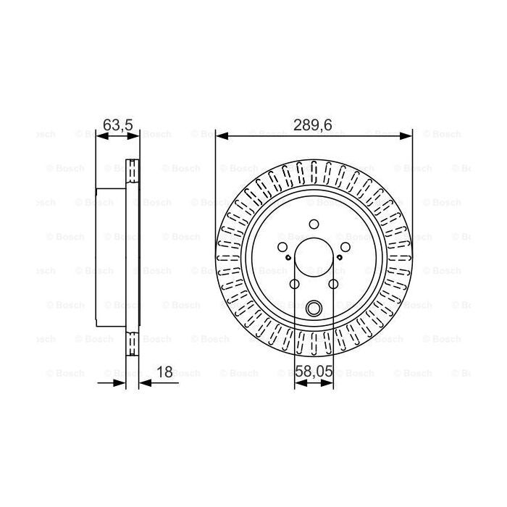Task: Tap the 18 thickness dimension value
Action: [164, 372]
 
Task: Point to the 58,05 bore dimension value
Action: [314, 372]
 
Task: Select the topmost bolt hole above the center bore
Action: [314, 225]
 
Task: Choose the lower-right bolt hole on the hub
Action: [333, 285]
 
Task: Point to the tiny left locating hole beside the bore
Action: [288, 257]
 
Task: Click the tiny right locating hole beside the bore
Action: [340, 257]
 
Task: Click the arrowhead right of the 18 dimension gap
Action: [143, 382]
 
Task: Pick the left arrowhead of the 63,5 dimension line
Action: [101, 135]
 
